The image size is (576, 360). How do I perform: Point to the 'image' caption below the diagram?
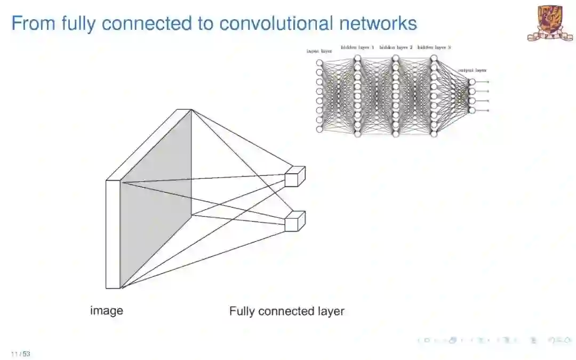point(106,310)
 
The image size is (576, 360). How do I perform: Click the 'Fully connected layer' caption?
point(286,311)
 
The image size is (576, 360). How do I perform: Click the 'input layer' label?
point(319,51)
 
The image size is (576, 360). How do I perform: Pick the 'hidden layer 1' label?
point(357,47)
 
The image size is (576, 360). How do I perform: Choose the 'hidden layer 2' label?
point(396,47)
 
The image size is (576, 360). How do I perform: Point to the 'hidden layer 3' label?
point(434,47)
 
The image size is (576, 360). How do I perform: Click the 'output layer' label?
point(473,70)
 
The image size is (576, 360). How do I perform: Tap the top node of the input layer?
point(319,63)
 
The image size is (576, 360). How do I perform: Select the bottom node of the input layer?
point(319,129)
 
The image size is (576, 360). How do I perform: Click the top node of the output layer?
point(471,82)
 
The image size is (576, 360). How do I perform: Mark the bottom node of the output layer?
point(471,110)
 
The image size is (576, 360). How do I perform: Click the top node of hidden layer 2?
point(396,58)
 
